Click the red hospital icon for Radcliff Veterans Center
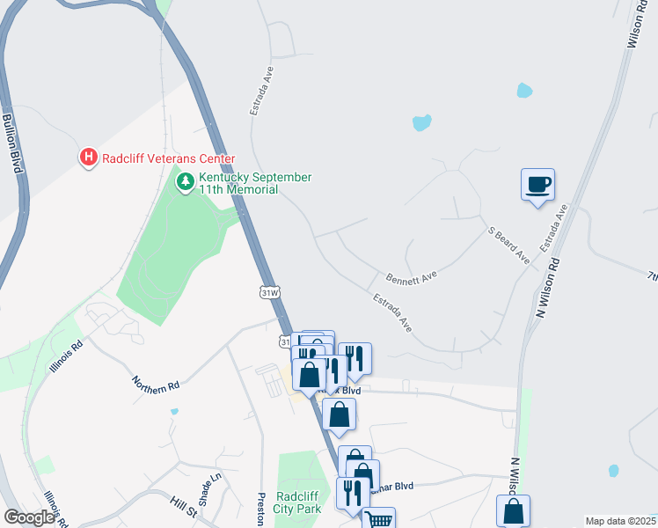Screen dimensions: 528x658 coord(88,158)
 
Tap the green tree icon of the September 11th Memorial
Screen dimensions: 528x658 coord(185,182)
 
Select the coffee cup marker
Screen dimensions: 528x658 coord(537,185)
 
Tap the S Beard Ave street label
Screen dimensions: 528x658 coord(509,246)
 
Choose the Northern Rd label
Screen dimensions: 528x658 coord(156,384)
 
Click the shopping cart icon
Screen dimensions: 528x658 coord(378,520)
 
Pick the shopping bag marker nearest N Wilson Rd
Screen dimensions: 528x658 coord(513,511)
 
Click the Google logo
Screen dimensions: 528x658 coord(30,517)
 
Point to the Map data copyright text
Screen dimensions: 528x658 coord(621,521)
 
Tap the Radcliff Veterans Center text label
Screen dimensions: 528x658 coord(169,158)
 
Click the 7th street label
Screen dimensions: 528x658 coord(652,276)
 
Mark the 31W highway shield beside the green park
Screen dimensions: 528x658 coord(270,291)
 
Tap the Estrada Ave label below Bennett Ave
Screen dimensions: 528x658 coord(392,312)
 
